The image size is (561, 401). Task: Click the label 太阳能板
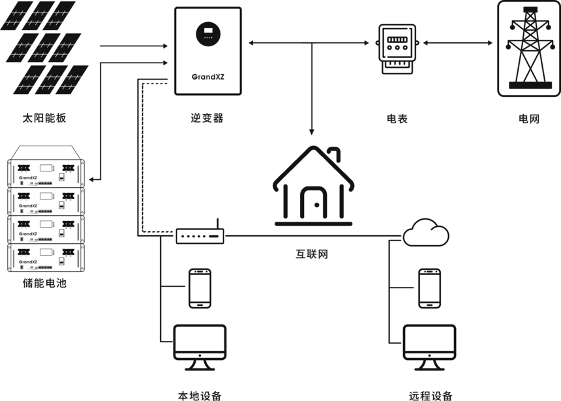44,119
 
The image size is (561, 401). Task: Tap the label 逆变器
207,119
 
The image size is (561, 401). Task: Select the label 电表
397,119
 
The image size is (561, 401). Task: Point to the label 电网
529,119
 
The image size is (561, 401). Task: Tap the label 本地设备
200,395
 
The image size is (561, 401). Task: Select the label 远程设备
431,395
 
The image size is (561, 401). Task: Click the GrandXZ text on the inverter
208,76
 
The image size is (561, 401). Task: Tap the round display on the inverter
208,33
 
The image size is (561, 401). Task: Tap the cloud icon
426,233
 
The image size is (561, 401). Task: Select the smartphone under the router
199,288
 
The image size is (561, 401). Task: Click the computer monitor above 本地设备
200,342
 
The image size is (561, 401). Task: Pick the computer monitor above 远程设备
429,342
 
